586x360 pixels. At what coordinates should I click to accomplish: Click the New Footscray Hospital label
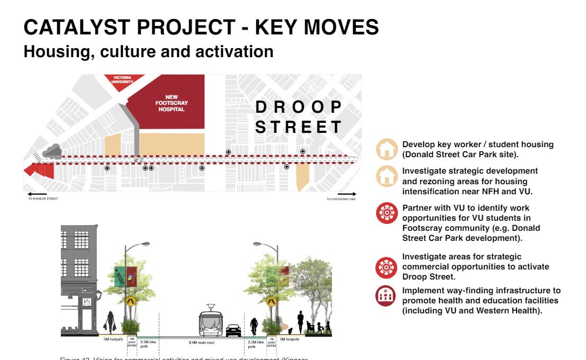(174, 103)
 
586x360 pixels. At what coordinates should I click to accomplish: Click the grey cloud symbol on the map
(51, 151)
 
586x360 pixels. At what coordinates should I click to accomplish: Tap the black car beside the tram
(233, 330)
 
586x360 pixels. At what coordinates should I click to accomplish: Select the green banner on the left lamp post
(120, 276)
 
